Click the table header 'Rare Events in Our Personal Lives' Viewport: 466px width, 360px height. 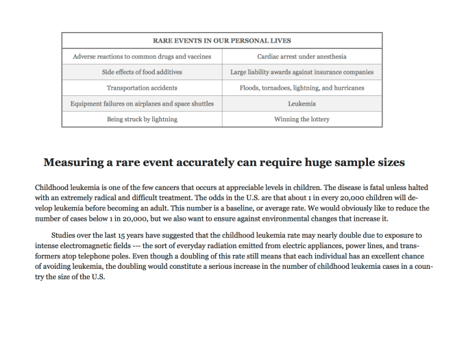coord(221,40)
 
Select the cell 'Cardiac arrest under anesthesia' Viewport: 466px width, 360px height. coord(302,56)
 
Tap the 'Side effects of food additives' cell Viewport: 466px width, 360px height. coord(142,72)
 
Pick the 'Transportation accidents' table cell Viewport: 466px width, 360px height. coord(142,88)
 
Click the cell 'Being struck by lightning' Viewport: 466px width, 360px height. coord(142,119)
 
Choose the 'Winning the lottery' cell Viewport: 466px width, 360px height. coord(302,119)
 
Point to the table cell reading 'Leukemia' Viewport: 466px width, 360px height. coord(302,104)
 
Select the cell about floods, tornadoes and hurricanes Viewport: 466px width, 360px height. coord(302,88)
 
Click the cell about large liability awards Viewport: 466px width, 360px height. coord(302,72)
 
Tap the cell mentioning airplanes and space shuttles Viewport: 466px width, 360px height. coord(142,104)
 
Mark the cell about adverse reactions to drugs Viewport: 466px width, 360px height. coord(142,56)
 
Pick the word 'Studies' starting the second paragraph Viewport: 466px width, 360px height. coord(64,235)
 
